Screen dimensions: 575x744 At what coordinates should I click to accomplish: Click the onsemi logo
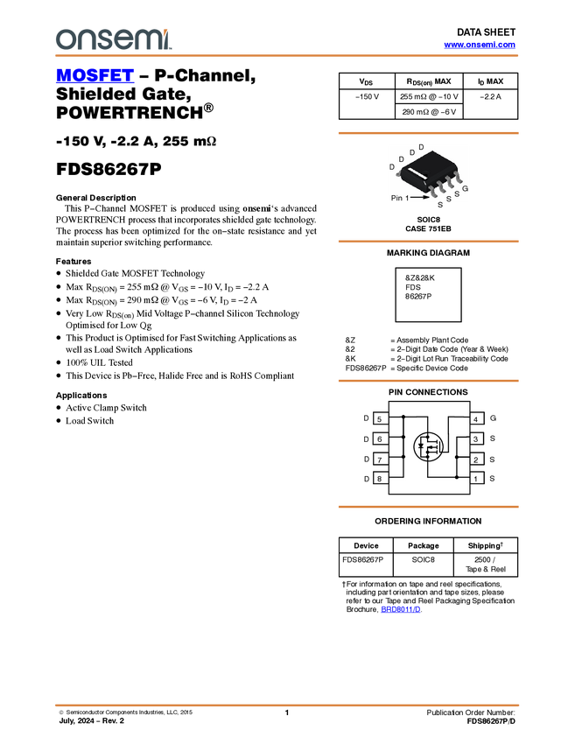(113, 39)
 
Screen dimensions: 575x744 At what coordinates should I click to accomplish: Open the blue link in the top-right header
(480, 45)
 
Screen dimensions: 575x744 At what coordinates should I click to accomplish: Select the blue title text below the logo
(95, 75)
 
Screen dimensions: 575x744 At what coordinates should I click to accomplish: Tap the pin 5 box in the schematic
(380, 418)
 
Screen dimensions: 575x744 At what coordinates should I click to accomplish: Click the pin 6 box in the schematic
(380, 439)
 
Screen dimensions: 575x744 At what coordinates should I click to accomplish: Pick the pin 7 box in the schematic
(380, 459)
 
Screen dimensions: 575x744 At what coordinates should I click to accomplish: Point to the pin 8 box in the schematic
(380, 478)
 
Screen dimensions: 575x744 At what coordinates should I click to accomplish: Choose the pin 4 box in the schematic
(476, 418)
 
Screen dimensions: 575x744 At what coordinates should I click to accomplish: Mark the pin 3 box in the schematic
(476, 439)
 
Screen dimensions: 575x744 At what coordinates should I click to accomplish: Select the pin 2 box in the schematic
(476, 459)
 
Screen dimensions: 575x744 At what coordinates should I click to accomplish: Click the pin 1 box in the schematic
(476, 478)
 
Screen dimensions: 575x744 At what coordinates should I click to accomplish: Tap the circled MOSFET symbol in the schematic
(428, 447)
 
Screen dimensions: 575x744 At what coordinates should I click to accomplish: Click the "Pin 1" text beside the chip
(400, 199)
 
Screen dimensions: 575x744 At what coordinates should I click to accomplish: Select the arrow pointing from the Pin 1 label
(421, 198)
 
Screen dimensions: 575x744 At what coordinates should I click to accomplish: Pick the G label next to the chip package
(465, 188)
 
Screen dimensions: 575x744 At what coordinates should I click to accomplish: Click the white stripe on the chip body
(417, 179)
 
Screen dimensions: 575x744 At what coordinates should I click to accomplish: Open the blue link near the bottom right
(401, 609)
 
